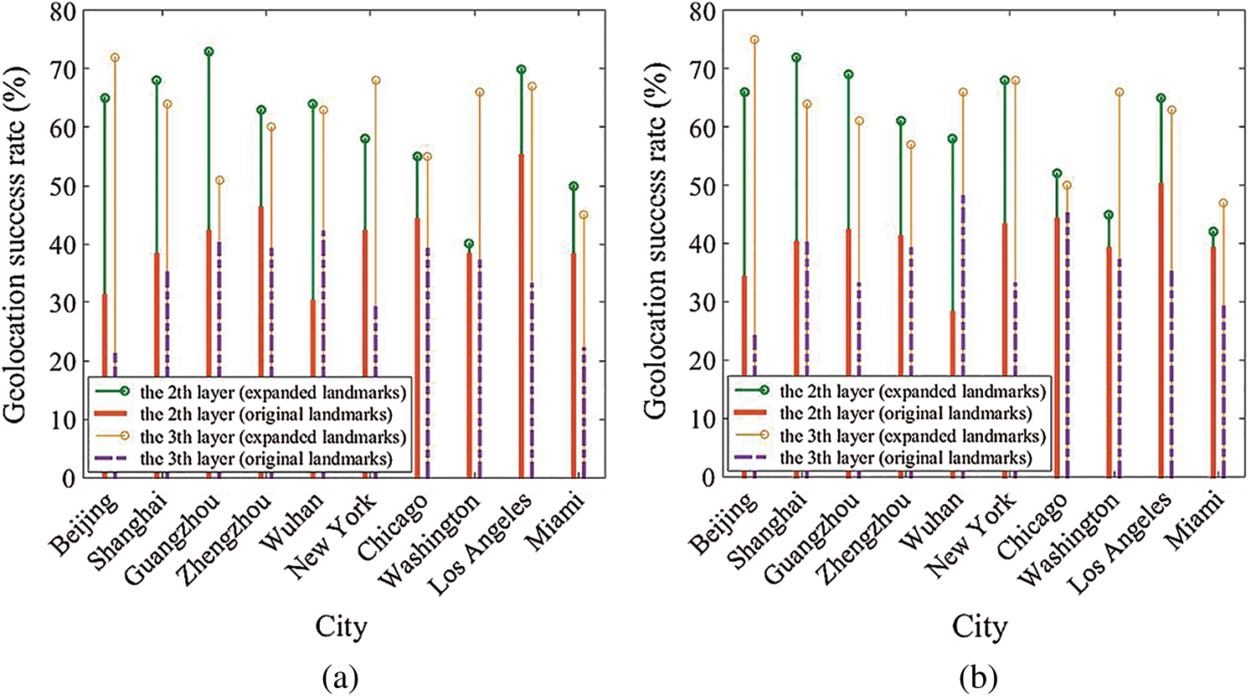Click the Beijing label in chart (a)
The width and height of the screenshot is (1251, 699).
point(84,525)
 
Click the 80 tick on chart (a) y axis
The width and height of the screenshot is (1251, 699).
point(64,13)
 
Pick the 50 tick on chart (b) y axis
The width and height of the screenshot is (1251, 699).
point(704,186)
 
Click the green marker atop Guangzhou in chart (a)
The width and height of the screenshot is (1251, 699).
point(208,52)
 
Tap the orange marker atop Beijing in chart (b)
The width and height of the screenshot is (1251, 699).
point(754,40)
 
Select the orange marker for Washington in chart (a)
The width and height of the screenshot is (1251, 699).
point(480,92)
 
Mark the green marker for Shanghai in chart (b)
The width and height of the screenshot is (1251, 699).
point(796,58)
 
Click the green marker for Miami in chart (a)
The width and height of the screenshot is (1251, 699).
point(574,186)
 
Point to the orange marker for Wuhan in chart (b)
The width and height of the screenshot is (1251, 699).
point(963,92)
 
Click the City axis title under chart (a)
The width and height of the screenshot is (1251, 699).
point(341,626)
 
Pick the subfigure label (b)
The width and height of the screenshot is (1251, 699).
point(979,676)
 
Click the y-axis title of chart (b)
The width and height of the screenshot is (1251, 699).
point(657,243)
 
